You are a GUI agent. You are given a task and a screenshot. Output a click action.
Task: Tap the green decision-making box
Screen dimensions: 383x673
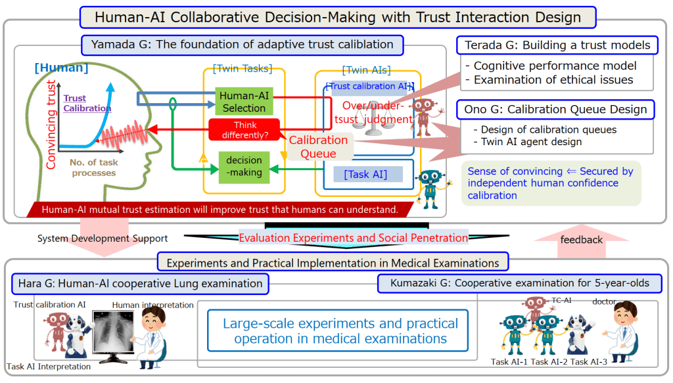coord(244,166)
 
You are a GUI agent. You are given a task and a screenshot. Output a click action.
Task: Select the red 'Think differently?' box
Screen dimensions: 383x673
coord(244,129)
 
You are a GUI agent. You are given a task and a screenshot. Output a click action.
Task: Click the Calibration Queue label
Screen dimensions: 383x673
coord(318,146)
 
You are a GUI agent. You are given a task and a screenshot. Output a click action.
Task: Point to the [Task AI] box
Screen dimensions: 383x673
coord(365,174)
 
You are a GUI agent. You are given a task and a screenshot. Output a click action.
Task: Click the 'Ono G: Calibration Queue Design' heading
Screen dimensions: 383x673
coord(556,110)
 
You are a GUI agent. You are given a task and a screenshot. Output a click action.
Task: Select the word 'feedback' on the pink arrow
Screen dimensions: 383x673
coord(581,240)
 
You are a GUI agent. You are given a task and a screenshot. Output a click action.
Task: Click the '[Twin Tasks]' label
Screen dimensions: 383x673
coord(243,69)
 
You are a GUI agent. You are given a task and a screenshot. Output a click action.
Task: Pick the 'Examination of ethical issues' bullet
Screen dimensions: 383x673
coord(553,79)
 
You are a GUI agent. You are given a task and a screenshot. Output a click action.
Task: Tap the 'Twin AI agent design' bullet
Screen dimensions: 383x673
coord(531,142)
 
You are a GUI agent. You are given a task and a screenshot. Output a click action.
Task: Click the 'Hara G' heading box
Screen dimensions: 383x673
coord(140,283)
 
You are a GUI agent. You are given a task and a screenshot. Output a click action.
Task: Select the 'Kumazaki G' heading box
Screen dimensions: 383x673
coord(519,283)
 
